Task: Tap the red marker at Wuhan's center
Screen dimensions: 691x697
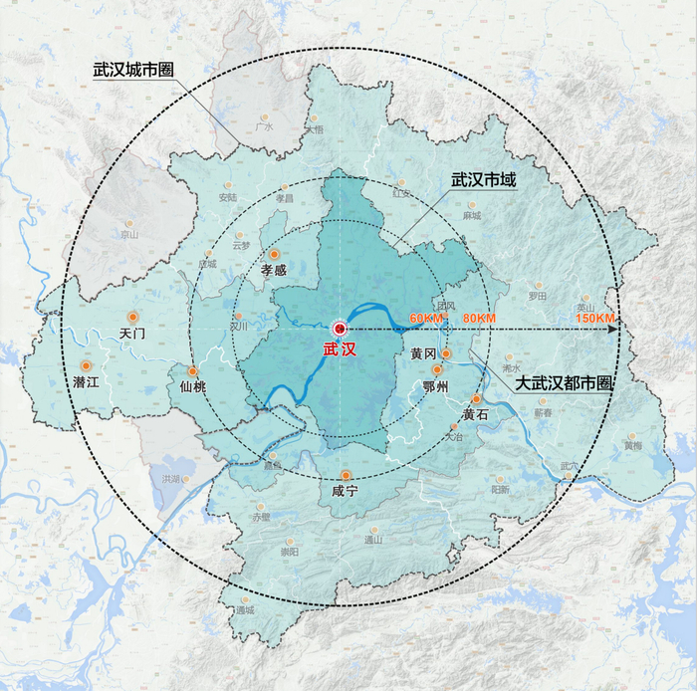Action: tap(339, 328)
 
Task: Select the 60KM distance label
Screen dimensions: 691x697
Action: tap(425, 318)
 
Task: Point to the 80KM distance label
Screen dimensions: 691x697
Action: tap(479, 318)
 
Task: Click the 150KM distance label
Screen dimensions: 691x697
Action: tap(594, 318)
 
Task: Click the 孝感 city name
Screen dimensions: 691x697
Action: tap(273, 269)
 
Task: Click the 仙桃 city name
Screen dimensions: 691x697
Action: tap(193, 386)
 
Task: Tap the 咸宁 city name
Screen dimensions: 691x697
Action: tap(346, 491)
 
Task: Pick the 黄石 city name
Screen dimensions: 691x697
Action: tap(475, 413)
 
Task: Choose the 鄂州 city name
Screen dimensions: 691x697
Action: tap(437, 385)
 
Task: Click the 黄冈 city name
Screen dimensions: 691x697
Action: tap(423, 353)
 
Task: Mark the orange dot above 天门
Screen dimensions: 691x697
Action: tap(131, 316)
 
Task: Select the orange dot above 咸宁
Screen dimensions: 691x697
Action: tap(346, 474)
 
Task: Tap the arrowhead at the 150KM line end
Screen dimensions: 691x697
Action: tap(617, 328)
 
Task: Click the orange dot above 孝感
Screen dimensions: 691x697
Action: tap(274, 254)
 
